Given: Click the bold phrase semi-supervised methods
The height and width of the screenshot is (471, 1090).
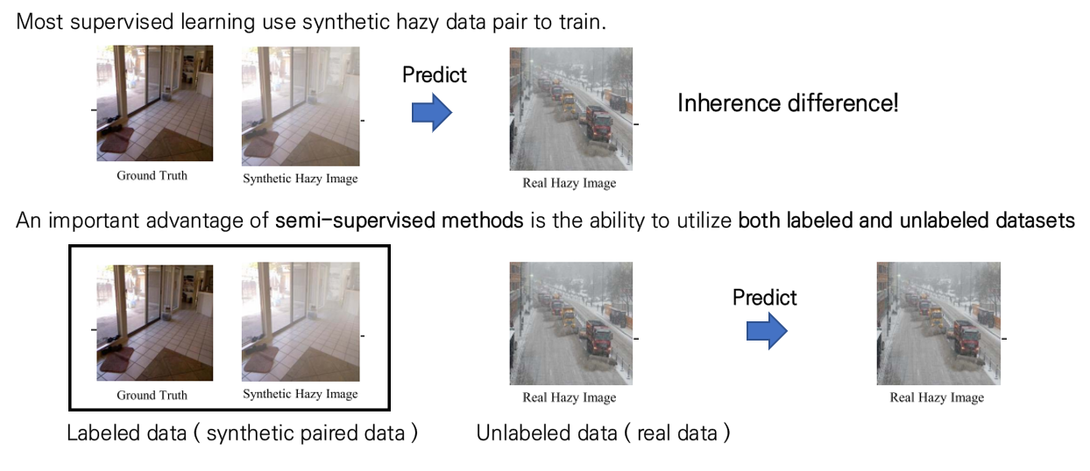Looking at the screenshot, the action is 400,221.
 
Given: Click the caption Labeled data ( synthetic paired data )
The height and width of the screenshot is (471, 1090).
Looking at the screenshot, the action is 242,432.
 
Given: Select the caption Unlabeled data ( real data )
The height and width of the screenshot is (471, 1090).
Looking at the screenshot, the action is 603,432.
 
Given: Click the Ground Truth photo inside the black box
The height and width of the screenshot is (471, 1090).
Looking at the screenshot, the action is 154,322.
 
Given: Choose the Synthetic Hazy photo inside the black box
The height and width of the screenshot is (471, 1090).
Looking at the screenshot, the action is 301,322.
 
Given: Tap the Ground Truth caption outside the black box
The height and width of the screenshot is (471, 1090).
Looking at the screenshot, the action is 152,175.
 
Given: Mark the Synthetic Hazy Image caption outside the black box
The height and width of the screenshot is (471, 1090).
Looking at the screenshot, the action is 301,179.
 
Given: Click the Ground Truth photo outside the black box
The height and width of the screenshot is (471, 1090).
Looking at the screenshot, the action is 154,103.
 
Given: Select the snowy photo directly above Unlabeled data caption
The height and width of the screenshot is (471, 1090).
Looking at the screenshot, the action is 570,324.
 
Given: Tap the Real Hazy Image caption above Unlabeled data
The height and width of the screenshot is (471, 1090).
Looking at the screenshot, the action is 569,397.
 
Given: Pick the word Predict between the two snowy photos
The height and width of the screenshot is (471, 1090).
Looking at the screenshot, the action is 764,298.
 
